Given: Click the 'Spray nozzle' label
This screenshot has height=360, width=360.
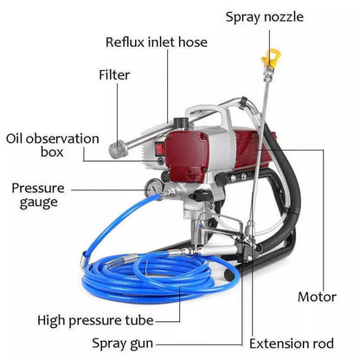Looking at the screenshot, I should pos(269,16).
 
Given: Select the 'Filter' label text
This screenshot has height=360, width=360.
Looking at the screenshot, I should pos(114,75).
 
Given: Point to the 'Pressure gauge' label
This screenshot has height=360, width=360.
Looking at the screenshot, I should pos(35,194).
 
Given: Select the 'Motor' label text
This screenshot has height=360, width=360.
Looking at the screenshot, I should pos(316,297).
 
